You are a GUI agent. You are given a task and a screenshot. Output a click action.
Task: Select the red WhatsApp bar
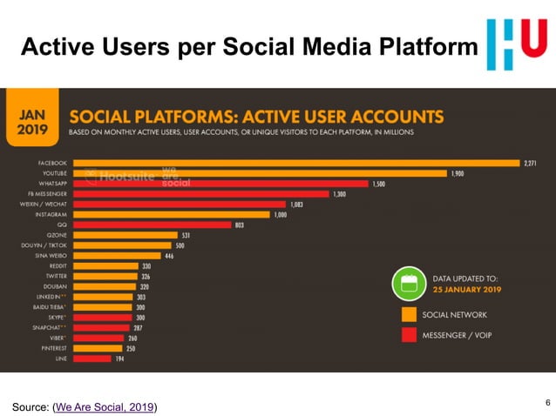pyautogui.click(x=218, y=184)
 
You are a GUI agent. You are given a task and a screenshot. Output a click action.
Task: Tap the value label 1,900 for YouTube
pyautogui.click(x=458, y=173)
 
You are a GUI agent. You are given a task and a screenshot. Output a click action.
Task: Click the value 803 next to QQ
pyautogui.click(x=239, y=225)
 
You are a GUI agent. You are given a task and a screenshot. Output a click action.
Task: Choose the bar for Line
pyautogui.click(x=92, y=358)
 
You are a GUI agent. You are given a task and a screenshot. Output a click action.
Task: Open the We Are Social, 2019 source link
pyautogui.click(x=105, y=406)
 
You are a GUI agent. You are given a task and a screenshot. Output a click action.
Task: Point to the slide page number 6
pyautogui.click(x=546, y=401)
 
